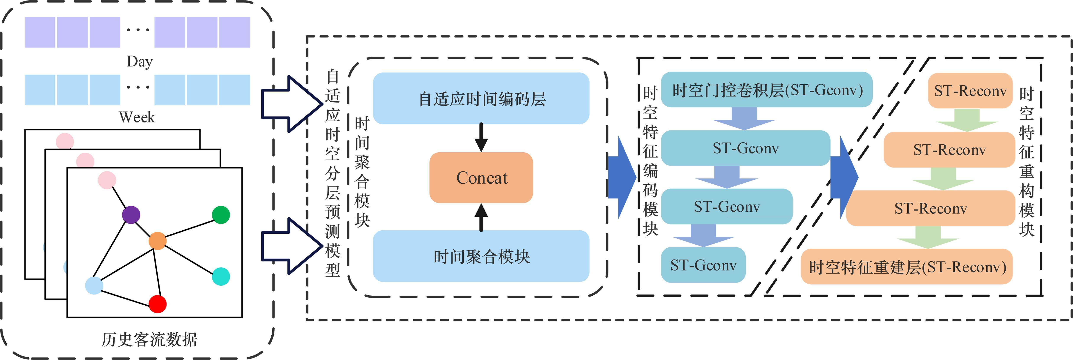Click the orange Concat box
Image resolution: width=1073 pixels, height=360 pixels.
click(x=481, y=178)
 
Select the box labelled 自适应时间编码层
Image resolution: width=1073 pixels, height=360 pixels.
click(x=481, y=99)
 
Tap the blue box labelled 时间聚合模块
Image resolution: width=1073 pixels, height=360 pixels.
click(x=481, y=256)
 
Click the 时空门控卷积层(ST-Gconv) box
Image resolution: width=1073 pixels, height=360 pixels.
click(x=766, y=90)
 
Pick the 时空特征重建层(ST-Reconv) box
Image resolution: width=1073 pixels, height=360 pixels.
click(x=907, y=267)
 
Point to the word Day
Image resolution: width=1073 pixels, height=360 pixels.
click(x=140, y=62)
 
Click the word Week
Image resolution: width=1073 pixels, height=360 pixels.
click(x=137, y=117)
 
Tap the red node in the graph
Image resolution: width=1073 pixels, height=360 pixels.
click(x=157, y=304)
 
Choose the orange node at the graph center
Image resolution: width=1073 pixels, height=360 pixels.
click(x=157, y=241)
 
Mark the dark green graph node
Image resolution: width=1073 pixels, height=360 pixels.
click(x=221, y=215)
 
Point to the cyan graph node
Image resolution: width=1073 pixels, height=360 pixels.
click(x=221, y=276)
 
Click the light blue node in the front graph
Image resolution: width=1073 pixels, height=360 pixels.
click(x=94, y=285)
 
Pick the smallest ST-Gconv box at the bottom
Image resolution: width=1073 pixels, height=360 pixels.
click(x=703, y=265)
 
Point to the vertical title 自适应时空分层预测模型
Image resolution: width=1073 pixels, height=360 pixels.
click(x=332, y=173)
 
